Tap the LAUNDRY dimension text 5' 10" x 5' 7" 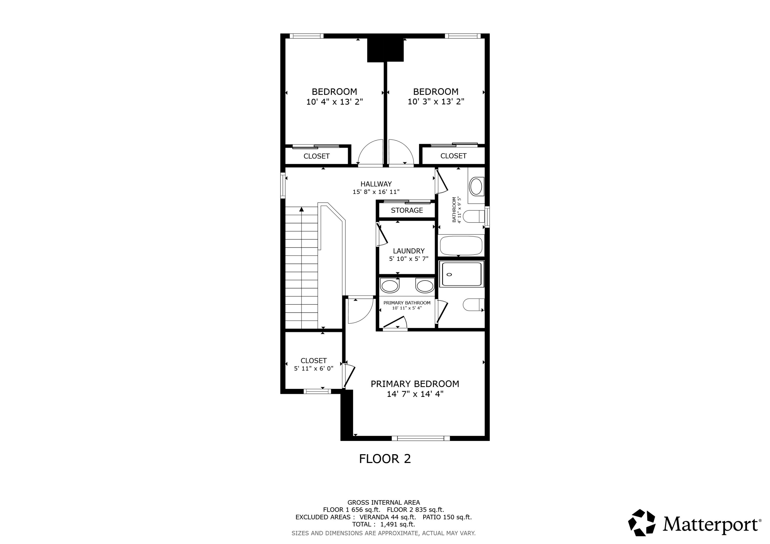(408, 259)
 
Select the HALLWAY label (376, 184)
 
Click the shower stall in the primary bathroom (461, 274)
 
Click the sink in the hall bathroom (476, 187)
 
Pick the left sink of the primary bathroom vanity (389, 286)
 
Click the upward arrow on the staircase (302, 209)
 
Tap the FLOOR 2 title (385, 459)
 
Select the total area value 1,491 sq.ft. (397, 524)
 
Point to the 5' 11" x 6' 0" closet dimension (314, 368)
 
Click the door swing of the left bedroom (371, 153)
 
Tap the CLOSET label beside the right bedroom (453, 156)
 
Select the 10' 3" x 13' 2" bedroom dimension (436, 102)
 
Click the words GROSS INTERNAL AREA (383, 502)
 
